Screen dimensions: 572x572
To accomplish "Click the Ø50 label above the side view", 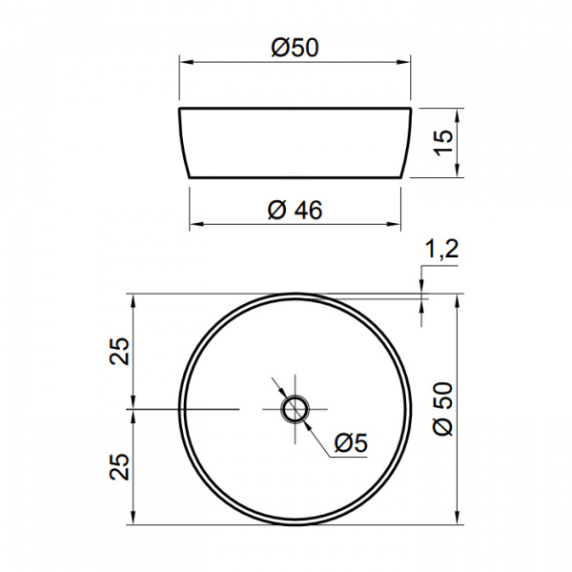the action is click(295, 49).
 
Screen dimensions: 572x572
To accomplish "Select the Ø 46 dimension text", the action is click(295, 210).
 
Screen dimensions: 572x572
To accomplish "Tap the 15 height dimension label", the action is click(444, 143).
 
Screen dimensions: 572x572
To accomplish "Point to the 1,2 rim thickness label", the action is click(441, 250).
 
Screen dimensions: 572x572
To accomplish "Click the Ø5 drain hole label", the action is click(351, 442).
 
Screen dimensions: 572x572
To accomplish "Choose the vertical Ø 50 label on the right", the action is click(443, 408).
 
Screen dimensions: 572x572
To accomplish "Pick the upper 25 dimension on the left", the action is click(120, 351).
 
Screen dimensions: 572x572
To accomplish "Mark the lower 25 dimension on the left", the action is click(120, 466).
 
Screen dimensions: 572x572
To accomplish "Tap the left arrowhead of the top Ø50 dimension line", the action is click(186, 62).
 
